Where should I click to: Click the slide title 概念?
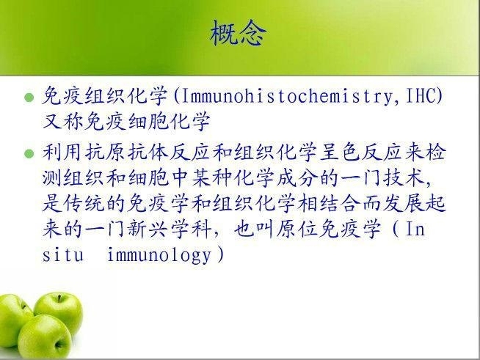click(238, 33)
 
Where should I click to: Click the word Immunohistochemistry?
click(287, 96)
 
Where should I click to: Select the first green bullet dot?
click(29, 98)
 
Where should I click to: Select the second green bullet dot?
click(29, 153)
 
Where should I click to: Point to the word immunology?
click(159, 254)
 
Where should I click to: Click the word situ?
click(63, 254)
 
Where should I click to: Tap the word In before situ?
click(415, 228)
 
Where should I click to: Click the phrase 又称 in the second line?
click(63, 121)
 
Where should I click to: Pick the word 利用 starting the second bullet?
click(63, 152)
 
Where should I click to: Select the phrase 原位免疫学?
click(329, 229)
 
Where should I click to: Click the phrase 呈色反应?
click(360, 152)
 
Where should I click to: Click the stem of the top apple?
click(59, 298)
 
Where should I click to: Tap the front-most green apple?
click(45, 337)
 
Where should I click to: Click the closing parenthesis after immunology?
click(219, 254)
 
